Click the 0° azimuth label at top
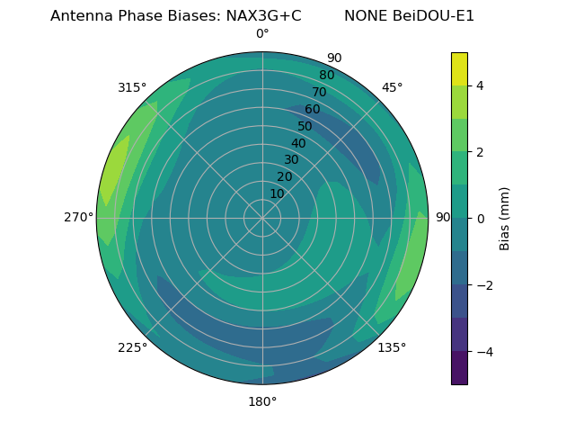[x=262, y=34]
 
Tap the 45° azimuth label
[x=392, y=87]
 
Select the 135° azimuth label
[x=392, y=347]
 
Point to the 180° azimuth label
[x=262, y=401]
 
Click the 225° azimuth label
[x=132, y=347]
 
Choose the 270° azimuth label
[x=78, y=217]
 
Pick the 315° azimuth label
[x=132, y=87]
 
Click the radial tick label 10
[x=278, y=193]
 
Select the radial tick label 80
[x=326, y=75]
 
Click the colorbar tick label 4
[x=481, y=85]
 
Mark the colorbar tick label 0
[x=481, y=218]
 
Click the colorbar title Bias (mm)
[x=505, y=219]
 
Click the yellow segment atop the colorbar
[x=459, y=69]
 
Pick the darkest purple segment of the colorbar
[x=459, y=368]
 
